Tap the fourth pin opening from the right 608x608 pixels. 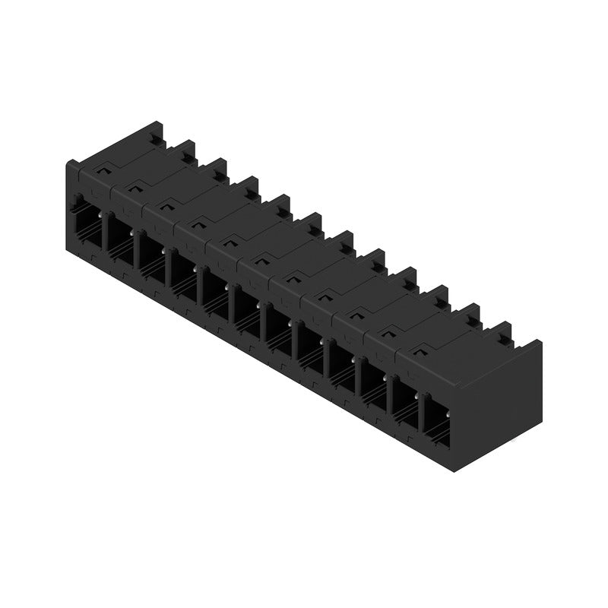point(340,364)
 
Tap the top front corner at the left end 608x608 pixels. point(68,163)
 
